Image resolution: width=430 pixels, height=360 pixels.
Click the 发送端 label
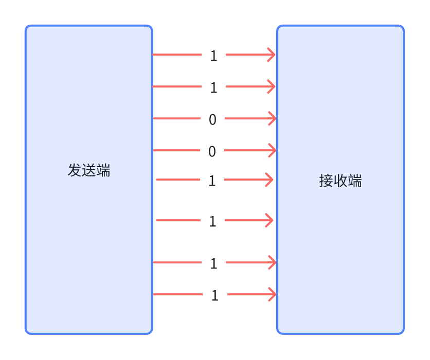(x=89, y=170)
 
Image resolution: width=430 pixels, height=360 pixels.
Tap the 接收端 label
(x=341, y=181)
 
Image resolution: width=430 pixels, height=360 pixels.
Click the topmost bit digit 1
(x=213, y=56)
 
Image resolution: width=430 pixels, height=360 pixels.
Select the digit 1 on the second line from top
(x=213, y=87)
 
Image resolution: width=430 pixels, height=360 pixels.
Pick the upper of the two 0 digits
(x=212, y=119)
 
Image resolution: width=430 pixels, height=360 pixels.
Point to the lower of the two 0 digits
(x=212, y=151)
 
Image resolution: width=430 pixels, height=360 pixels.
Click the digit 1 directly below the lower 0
(x=212, y=181)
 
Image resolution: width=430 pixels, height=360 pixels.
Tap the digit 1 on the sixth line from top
(x=212, y=221)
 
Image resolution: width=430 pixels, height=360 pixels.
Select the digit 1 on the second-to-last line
(x=213, y=263)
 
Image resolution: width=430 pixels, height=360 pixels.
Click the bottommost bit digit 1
(x=214, y=295)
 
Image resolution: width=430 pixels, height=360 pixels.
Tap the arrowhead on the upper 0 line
(x=273, y=118)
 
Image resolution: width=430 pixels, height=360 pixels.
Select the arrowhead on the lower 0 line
(x=273, y=150)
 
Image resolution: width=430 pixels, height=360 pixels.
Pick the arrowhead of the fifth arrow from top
(x=269, y=179)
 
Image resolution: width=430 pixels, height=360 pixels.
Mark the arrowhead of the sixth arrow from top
(x=269, y=220)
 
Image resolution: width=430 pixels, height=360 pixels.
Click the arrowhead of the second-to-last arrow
(x=273, y=262)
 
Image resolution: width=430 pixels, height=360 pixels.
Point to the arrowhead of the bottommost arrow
(x=273, y=294)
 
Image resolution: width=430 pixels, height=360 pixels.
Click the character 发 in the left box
(x=75, y=170)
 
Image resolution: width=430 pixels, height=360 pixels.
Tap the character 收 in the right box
(x=341, y=181)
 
